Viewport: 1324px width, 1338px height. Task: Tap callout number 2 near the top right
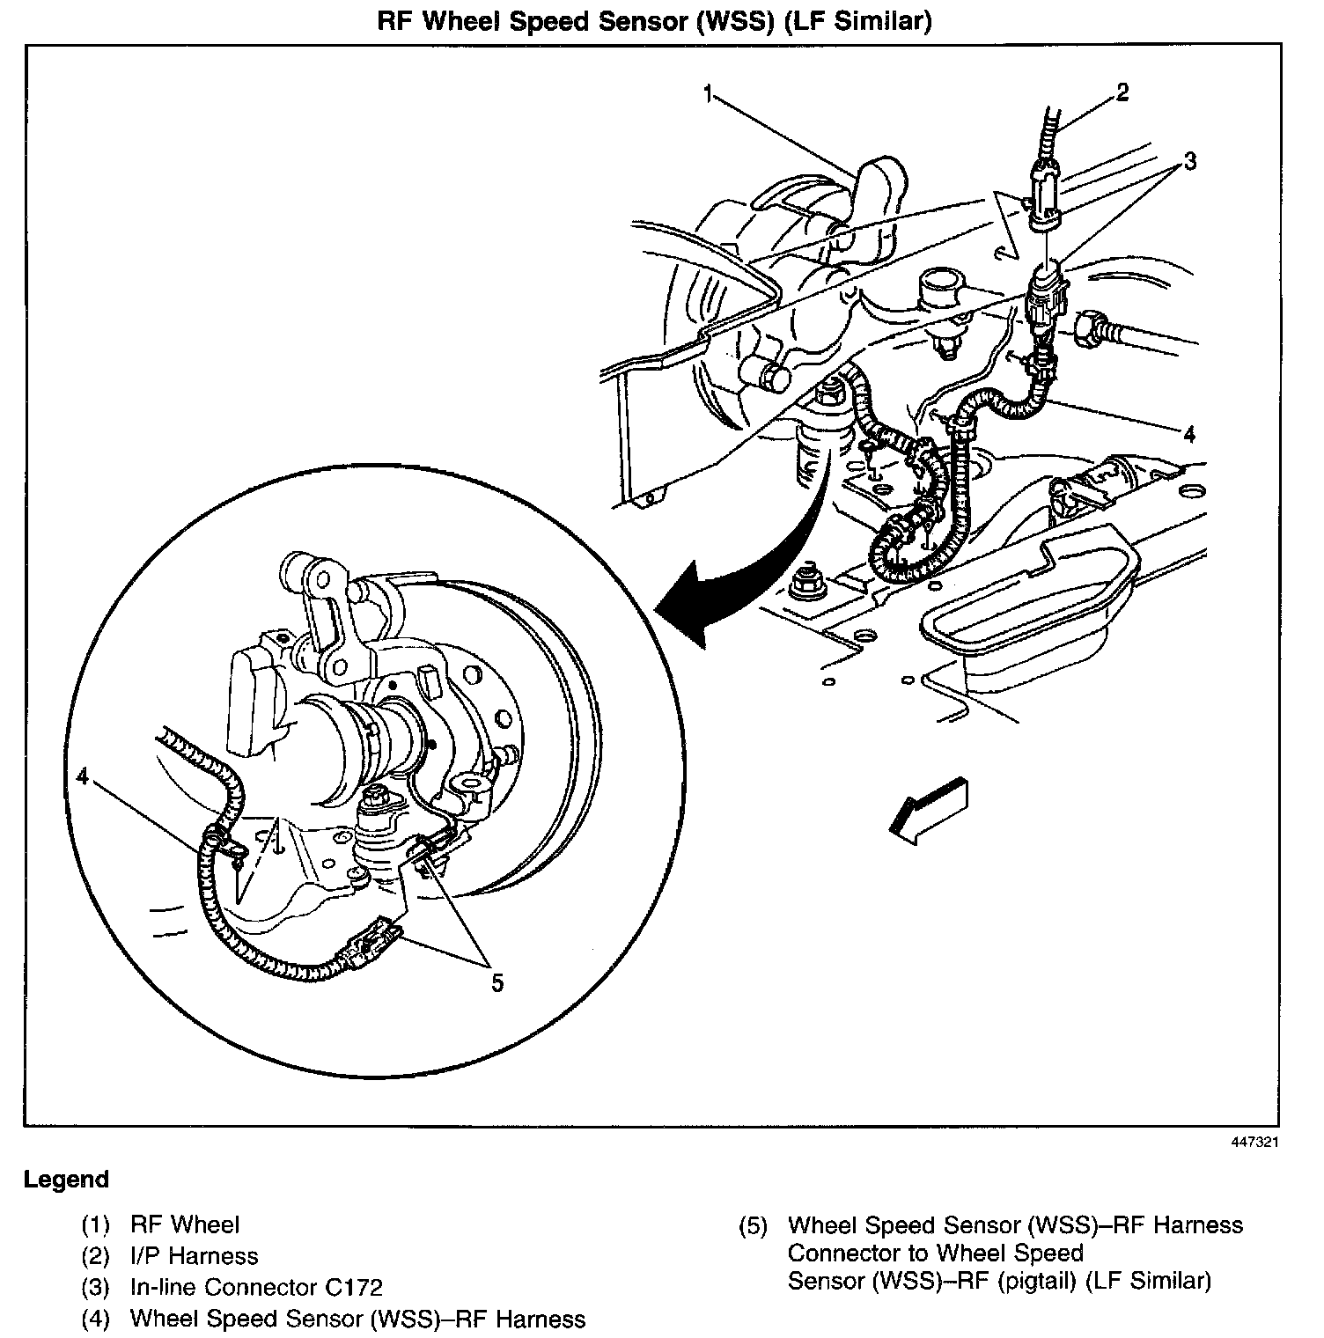(1122, 92)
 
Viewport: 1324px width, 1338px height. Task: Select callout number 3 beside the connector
(1189, 161)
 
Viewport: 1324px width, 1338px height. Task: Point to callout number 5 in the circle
(497, 982)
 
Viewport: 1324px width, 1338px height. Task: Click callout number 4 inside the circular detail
(82, 776)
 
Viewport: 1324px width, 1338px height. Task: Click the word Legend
(67, 1180)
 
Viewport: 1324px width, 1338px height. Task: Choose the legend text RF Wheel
(185, 1224)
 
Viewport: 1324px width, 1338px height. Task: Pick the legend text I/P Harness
(195, 1256)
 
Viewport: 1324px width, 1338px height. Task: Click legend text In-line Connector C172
(256, 1288)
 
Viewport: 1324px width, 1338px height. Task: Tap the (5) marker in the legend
(754, 1225)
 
